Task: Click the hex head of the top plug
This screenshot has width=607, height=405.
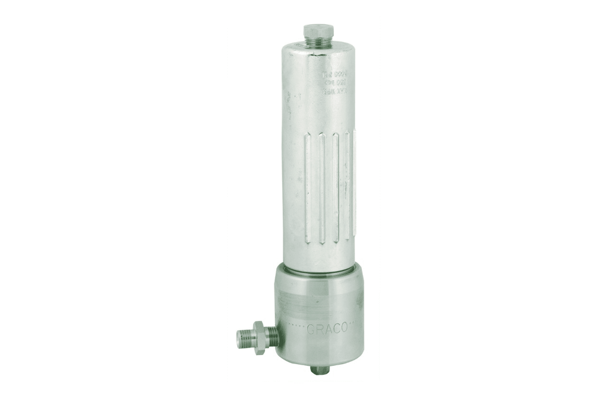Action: pyautogui.click(x=318, y=30)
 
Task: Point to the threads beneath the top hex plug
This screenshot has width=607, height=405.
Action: pyautogui.click(x=319, y=42)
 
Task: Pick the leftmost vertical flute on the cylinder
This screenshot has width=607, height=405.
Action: pyautogui.click(x=307, y=187)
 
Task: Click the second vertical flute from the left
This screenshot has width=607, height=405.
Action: pyautogui.click(x=322, y=187)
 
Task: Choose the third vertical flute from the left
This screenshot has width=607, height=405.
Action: pyautogui.click(x=336, y=187)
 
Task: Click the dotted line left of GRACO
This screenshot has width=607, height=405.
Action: pyautogui.click(x=296, y=327)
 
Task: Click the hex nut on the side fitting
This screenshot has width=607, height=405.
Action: pyautogui.click(x=259, y=337)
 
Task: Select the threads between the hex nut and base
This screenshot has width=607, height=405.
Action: pyautogui.click(x=272, y=336)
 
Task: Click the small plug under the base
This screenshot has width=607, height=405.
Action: pyautogui.click(x=320, y=370)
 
